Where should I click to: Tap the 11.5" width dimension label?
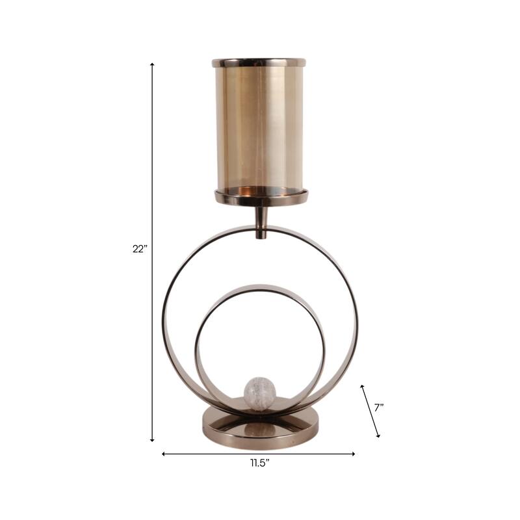(259, 463)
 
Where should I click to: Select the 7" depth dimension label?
(378, 408)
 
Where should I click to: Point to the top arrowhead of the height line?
(152, 64)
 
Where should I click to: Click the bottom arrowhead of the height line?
(152, 440)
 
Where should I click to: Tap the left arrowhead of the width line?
(163, 454)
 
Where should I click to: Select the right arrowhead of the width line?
(354, 454)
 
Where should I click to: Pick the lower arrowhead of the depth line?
(378, 435)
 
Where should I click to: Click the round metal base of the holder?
(260, 426)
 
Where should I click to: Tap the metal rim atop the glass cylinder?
(258, 63)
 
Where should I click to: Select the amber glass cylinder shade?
(258, 127)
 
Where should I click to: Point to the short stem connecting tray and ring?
(260, 221)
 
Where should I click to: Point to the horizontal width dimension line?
(214, 454)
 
